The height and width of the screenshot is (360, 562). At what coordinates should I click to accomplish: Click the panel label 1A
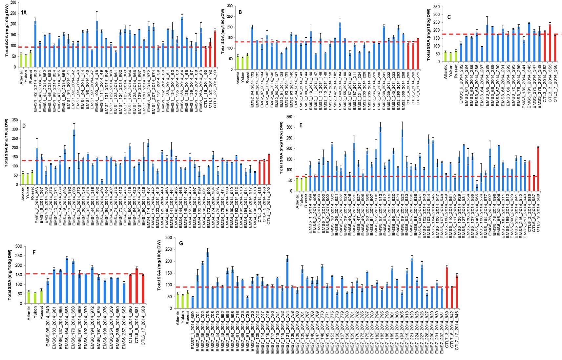point(24,13)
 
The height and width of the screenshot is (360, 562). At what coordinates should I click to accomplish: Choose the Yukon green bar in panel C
point(450,57)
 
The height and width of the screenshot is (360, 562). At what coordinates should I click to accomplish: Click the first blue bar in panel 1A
point(35,44)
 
